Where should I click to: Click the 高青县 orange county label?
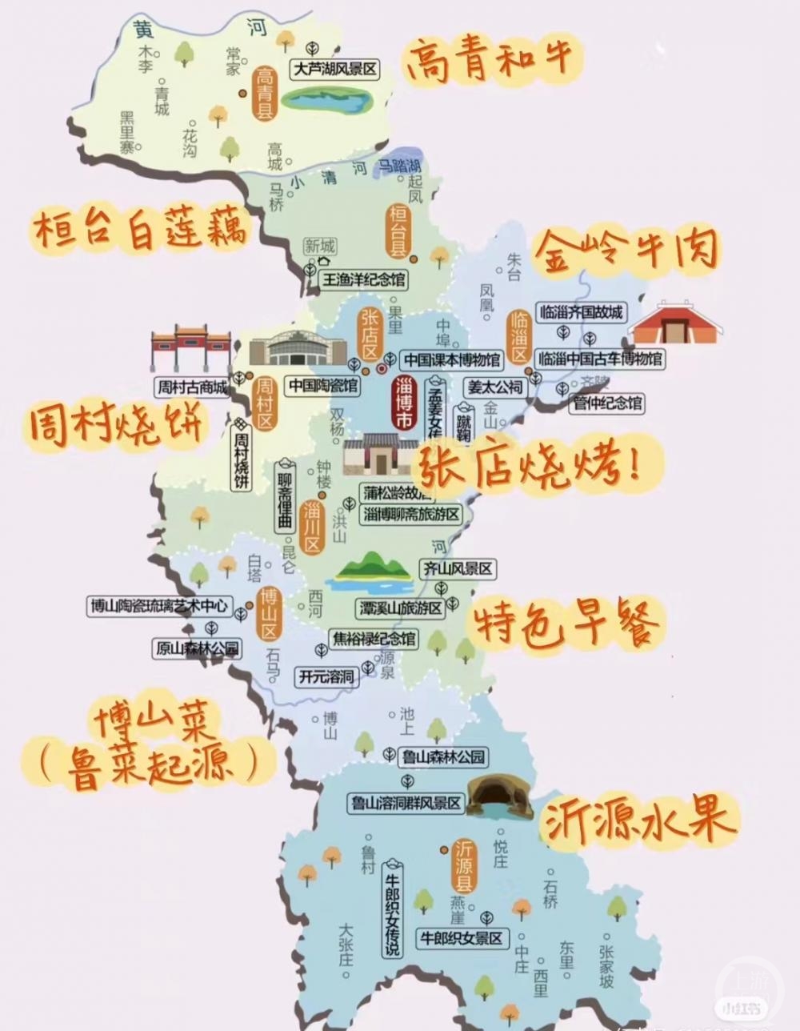(x=265, y=94)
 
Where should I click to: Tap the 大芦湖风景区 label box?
(x=334, y=70)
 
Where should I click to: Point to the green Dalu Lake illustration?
(x=327, y=100)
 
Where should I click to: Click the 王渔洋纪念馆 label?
(x=362, y=279)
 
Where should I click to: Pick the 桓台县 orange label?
(x=398, y=231)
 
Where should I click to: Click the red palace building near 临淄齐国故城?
(x=676, y=323)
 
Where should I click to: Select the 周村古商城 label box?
(x=192, y=387)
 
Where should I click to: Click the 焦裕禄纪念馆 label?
(x=374, y=639)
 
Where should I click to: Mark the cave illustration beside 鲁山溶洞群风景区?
(x=499, y=797)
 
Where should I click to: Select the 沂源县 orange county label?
(x=463, y=867)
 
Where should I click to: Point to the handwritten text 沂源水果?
(x=638, y=820)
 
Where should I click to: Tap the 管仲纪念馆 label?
(x=607, y=403)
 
